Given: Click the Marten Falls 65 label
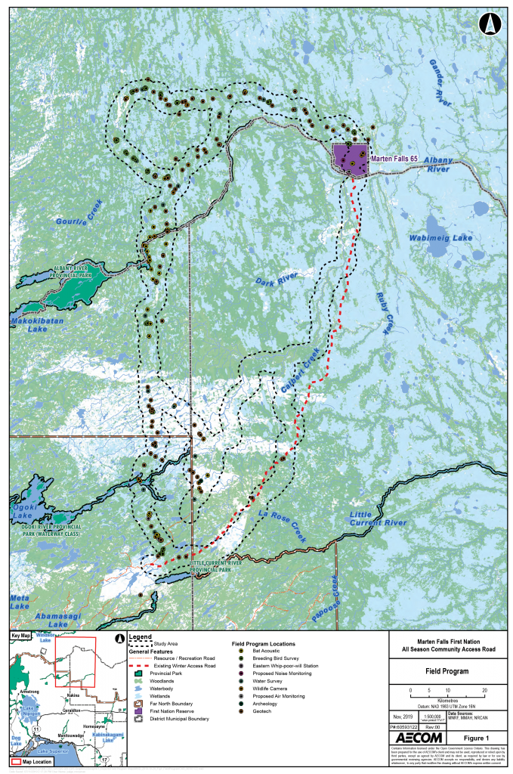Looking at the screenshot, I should coord(400,159).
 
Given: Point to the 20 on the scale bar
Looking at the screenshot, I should coord(484,691).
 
